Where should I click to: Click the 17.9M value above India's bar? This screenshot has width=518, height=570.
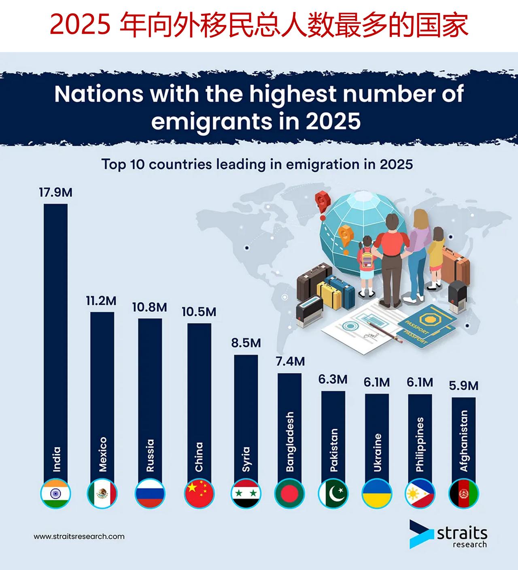pos(55,192)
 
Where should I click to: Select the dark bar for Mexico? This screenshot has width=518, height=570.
pos(102,385)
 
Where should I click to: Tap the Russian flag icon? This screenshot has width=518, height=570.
pos(150,494)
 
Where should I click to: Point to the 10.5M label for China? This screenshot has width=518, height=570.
pos(199,312)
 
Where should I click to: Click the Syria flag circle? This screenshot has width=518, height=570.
pos(246,494)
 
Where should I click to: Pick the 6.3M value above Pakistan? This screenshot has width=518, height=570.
pos(333,379)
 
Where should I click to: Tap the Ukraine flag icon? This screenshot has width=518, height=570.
pos(377,494)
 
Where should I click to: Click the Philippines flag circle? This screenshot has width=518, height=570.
pos(420,494)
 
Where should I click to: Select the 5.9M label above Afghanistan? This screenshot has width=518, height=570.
pos(463,386)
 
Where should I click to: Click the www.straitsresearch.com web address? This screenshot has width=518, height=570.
pos(79,536)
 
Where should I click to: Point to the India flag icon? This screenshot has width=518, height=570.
pos(56,494)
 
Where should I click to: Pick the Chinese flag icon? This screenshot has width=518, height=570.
pos(199,494)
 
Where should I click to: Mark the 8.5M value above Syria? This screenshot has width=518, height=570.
pos(246,343)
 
